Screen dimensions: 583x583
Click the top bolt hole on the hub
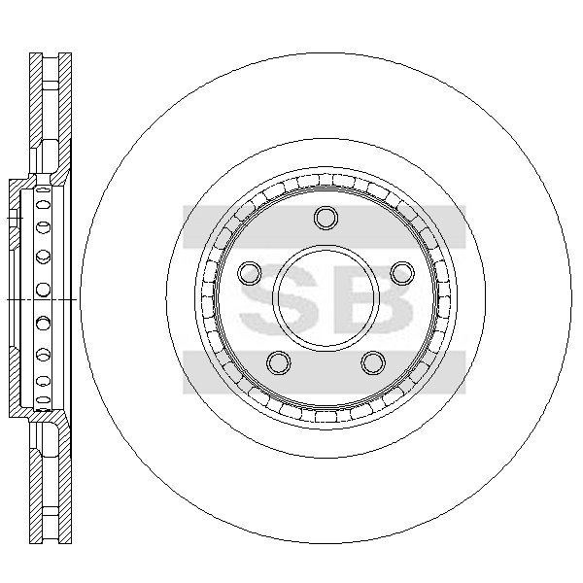(326, 218)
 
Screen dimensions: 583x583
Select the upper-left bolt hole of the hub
(250, 273)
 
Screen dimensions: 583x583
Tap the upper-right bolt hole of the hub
(402, 273)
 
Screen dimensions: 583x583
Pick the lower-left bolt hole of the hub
(279, 362)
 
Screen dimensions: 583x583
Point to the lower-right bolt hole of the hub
(373, 362)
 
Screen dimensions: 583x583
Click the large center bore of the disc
(326, 297)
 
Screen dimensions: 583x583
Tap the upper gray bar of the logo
(324, 226)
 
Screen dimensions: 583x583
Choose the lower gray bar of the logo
(324, 372)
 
